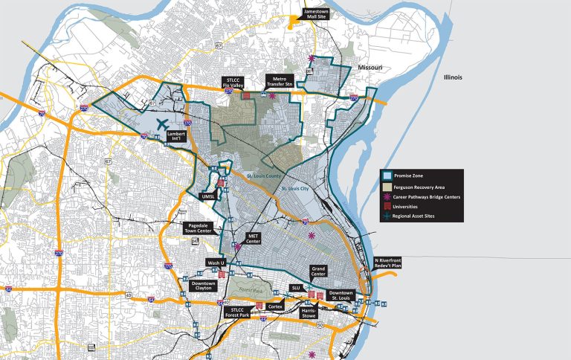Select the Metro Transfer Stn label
click(x=280, y=81)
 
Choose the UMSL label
click(x=207, y=196)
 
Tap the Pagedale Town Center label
click(x=199, y=228)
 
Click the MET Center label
click(x=252, y=239)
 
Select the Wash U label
click(x=215, y=262)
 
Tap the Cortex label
click(x=276, y=306)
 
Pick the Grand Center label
click(x=320, y=272)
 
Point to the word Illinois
click(x=448, y=77)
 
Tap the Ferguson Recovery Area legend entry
click(x=421, y=187)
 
